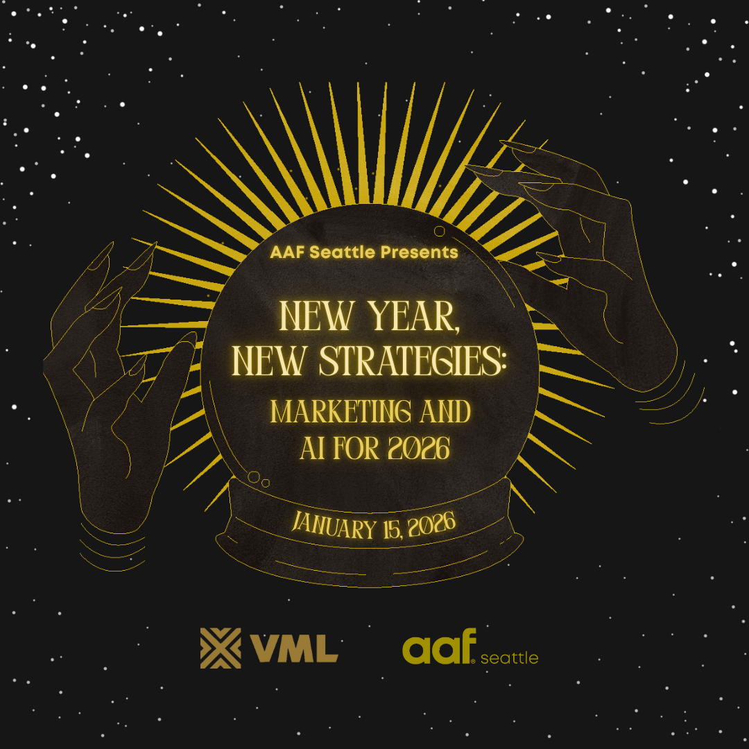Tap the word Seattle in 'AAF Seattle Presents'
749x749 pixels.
click(x=342, y=252)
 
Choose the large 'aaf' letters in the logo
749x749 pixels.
click(x=437, y=647)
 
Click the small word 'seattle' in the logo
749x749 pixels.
click(x=509, y=657)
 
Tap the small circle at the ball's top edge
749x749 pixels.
click(x=440, y=231)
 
